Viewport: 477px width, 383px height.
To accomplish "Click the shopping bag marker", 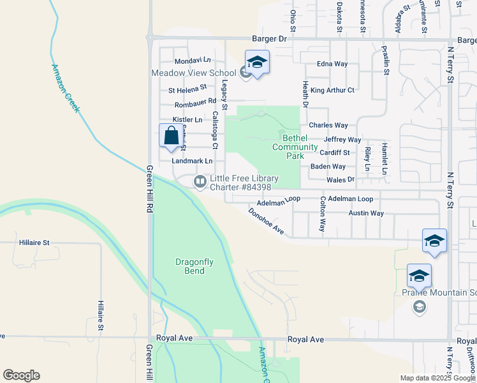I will pos(171,136).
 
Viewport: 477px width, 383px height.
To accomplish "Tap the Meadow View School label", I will pos(194,73).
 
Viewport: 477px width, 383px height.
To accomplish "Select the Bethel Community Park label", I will pos(295,147).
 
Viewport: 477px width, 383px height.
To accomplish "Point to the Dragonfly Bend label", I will pos(190,266).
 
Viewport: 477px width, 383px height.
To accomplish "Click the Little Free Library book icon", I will pos(200,183).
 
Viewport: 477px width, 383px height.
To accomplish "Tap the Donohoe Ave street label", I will pos(266,221).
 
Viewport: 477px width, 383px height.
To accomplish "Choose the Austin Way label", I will pos(366,213).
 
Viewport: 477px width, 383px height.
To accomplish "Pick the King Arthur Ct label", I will pos(332,91).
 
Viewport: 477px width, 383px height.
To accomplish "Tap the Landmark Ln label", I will pos(192,161).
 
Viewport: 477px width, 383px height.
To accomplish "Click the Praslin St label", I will pos(386,60).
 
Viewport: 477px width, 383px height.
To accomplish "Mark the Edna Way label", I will pos(332,64).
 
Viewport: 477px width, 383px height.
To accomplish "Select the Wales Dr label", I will pos(340,180).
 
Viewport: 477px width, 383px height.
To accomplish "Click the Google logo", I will pos(21,375).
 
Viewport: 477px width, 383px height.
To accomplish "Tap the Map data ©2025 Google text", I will pos(437,378).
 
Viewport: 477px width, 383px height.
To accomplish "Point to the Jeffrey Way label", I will pos(342,140).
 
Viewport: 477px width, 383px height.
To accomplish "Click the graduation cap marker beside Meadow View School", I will pos(257,63).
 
